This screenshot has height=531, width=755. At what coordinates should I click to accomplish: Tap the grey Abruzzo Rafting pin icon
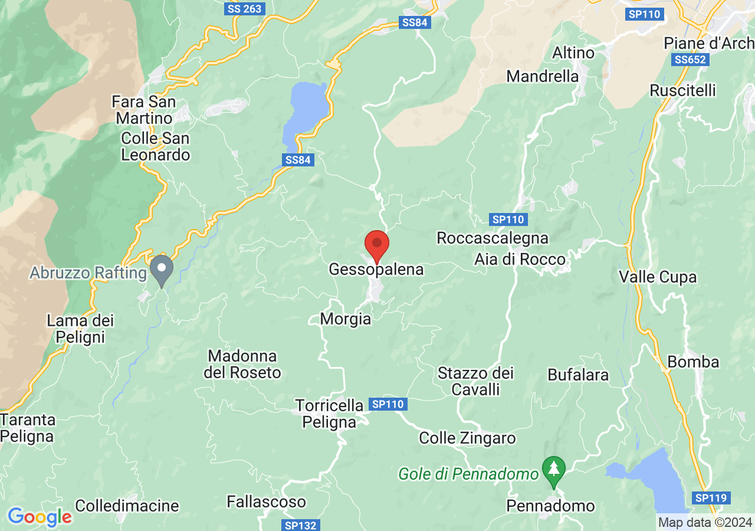(x=161, y=270)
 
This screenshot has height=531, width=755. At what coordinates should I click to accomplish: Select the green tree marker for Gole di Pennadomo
(x=553, y=470)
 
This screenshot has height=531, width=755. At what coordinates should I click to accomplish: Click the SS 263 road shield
(x=244, y=9)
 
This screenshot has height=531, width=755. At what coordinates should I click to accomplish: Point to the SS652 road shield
(x=691, y=60)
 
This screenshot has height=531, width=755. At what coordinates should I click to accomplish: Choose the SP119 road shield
(x=710, y=498)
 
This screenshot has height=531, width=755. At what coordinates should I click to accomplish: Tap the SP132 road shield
(x=300, y=525)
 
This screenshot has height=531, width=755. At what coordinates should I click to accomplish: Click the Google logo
(x=40, y=517)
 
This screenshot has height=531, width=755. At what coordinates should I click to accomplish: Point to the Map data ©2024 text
(x=705, y=522)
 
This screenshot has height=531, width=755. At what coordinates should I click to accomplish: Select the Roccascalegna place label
(x=493, y=238)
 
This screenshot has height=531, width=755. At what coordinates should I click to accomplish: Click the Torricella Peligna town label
(x=330, y=414)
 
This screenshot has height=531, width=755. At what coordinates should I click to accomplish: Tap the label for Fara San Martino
(x=144, y=110)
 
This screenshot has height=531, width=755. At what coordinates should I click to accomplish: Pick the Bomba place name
(x=693, y=362)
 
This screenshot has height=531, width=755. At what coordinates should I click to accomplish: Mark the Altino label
(x=573, y=53)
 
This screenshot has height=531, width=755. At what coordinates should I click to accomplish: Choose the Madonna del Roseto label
(x=242, y=365)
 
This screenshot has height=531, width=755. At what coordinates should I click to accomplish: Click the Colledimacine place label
(x=127, y=506)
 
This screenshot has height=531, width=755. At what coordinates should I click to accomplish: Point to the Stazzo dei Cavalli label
(x=475, y=381)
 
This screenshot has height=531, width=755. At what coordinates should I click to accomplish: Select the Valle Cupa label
(x=658, y=277)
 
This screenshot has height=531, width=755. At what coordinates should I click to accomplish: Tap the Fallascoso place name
(x=267, y=502)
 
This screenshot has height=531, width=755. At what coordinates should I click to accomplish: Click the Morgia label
(x=346, y=319)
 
